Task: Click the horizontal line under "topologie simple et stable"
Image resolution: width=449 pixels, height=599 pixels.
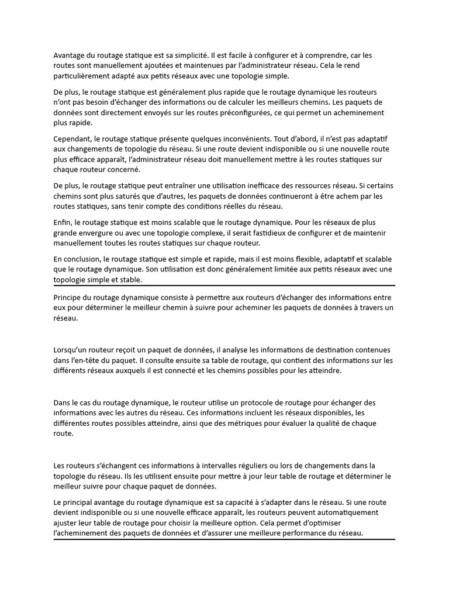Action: (x=224, y=285)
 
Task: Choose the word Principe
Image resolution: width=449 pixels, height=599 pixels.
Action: (x=69, y=298)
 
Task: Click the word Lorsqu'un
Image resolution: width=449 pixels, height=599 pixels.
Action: (x=72, y=350)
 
